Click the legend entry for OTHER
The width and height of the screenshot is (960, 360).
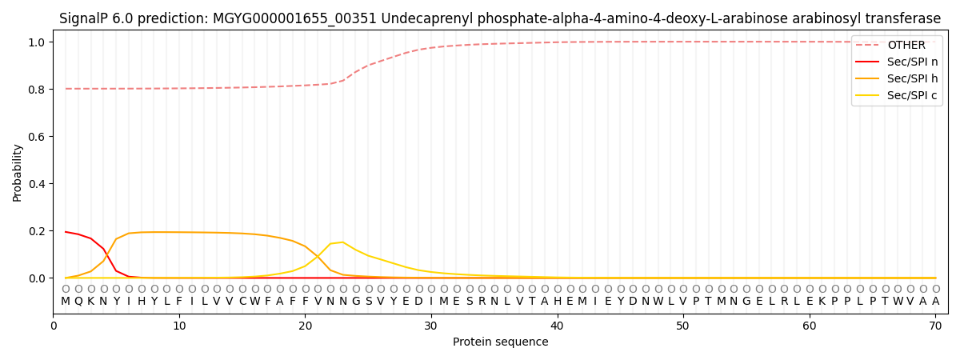point(906,46)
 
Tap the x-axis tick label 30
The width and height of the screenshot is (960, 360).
point(431,326)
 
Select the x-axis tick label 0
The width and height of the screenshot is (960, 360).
point(54,326)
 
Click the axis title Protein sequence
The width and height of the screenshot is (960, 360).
point(501,342)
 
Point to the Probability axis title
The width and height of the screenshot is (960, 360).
point(18,172)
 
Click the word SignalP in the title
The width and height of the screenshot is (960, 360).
point(85,18)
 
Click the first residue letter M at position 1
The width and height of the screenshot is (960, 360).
point(66,302)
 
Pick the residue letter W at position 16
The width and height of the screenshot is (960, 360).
point(254,302)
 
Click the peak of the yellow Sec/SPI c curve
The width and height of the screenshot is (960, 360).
point(342,242)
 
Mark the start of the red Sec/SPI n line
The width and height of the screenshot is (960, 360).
point(66,232)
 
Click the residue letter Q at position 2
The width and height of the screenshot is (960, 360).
point(78,302)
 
